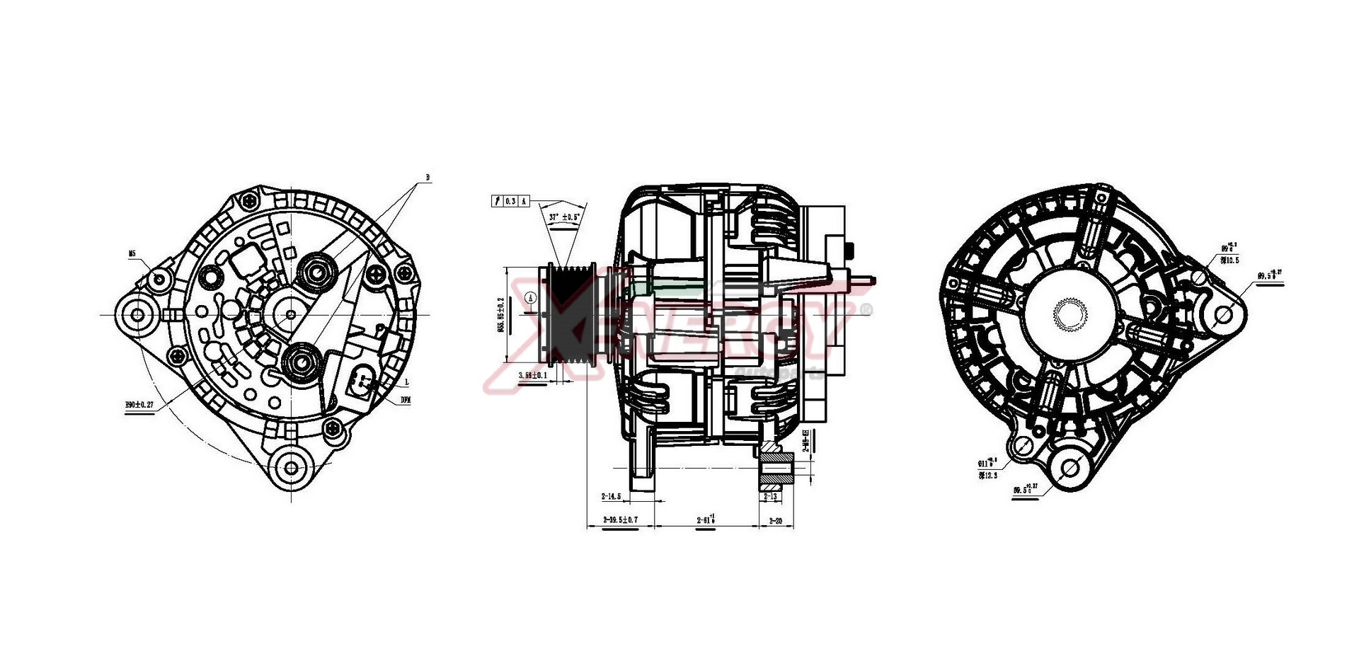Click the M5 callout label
132,253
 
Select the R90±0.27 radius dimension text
139,404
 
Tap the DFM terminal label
406,400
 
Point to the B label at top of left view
428,177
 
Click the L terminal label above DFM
407,382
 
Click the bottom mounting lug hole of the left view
292,467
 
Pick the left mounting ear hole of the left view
137,314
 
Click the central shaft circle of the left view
291,314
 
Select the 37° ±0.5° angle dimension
564,217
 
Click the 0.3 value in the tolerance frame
511,202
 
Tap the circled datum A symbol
531,299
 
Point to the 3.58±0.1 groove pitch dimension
532,375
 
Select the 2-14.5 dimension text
611,496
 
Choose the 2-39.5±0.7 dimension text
620,519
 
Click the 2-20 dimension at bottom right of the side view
775,520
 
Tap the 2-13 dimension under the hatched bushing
771,496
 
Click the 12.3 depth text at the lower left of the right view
988,476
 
